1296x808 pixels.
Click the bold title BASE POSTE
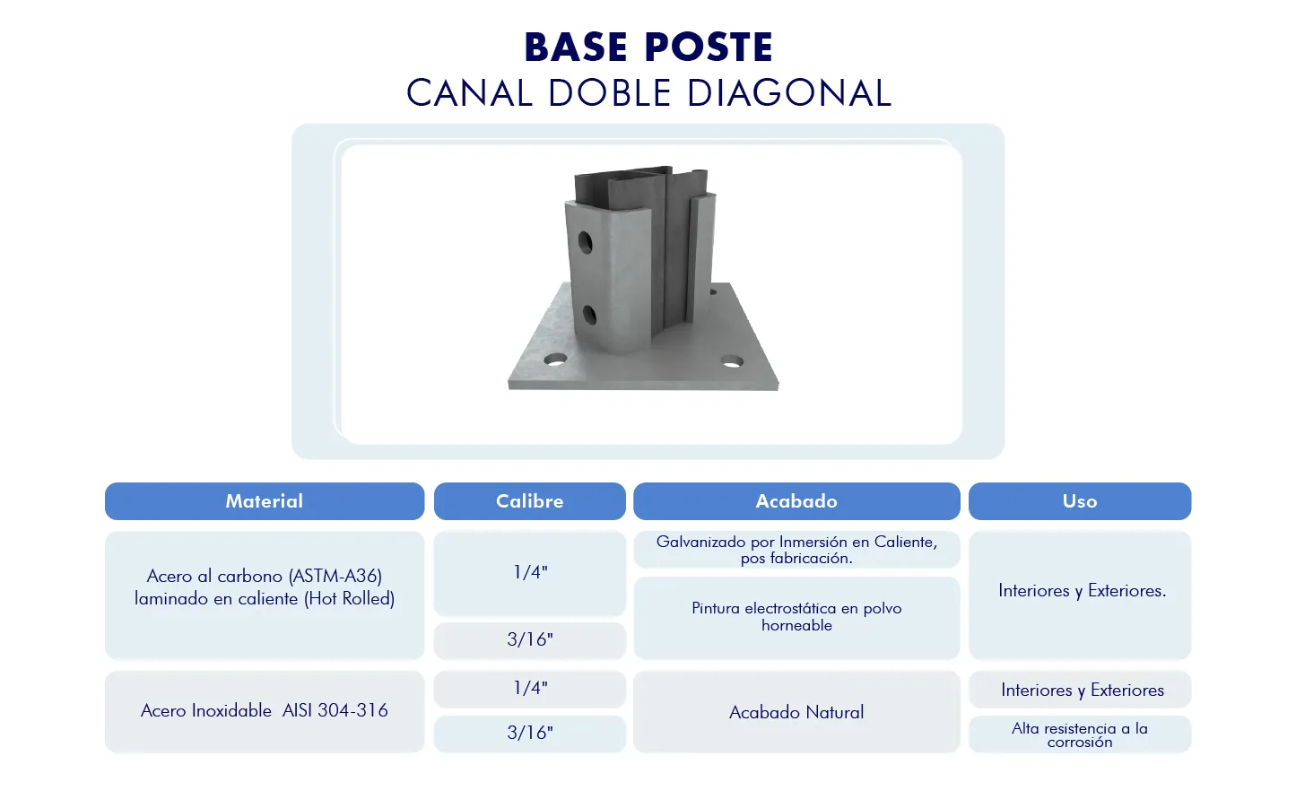[648, 47]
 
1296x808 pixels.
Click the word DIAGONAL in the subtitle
[789, 93]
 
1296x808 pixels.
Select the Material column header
[265, 501]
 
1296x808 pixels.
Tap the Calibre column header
[529, 501]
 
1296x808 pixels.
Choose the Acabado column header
[796, 501]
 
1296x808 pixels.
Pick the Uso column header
[1080, 501]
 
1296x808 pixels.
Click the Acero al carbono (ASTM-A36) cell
[265, 595]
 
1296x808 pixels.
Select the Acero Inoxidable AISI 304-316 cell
[265, 711]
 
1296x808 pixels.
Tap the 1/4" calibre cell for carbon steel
[529, 573]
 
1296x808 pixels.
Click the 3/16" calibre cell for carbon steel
[529, 640]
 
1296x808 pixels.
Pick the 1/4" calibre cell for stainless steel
[529, 689]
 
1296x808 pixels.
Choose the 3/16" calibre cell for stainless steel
[529, 734]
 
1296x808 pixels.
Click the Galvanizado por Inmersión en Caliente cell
[796, 550]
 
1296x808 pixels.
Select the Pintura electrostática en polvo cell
[796, 618]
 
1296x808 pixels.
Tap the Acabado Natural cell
[796, 711]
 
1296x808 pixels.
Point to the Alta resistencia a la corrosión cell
[1080, 734]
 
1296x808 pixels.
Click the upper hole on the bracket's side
[585, 243]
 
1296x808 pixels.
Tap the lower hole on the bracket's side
[589, 315]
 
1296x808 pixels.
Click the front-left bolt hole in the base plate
[555, 360]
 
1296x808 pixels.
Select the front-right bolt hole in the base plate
[732, 361]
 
